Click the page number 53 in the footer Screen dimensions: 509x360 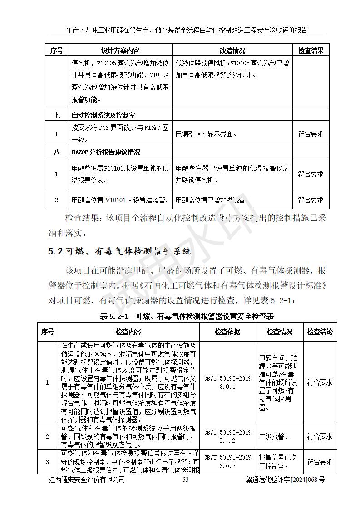pos(185,480)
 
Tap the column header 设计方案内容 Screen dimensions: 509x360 pos(120,50)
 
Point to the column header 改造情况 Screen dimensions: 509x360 pos(232,50)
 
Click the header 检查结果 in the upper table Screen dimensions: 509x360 pos(311,50)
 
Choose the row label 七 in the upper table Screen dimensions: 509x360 pos(56,115)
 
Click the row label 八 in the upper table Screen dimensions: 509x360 pos(56,152)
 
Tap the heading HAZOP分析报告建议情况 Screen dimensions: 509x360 pos(105,152)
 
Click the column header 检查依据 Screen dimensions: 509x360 pos(227,332)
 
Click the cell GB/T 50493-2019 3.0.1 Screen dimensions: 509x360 pos(227,382)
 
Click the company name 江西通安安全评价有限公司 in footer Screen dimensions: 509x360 pos(87,480)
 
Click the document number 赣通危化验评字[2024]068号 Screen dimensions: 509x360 pos(285,480)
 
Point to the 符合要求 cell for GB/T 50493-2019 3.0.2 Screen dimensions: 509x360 pos(320,436)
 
